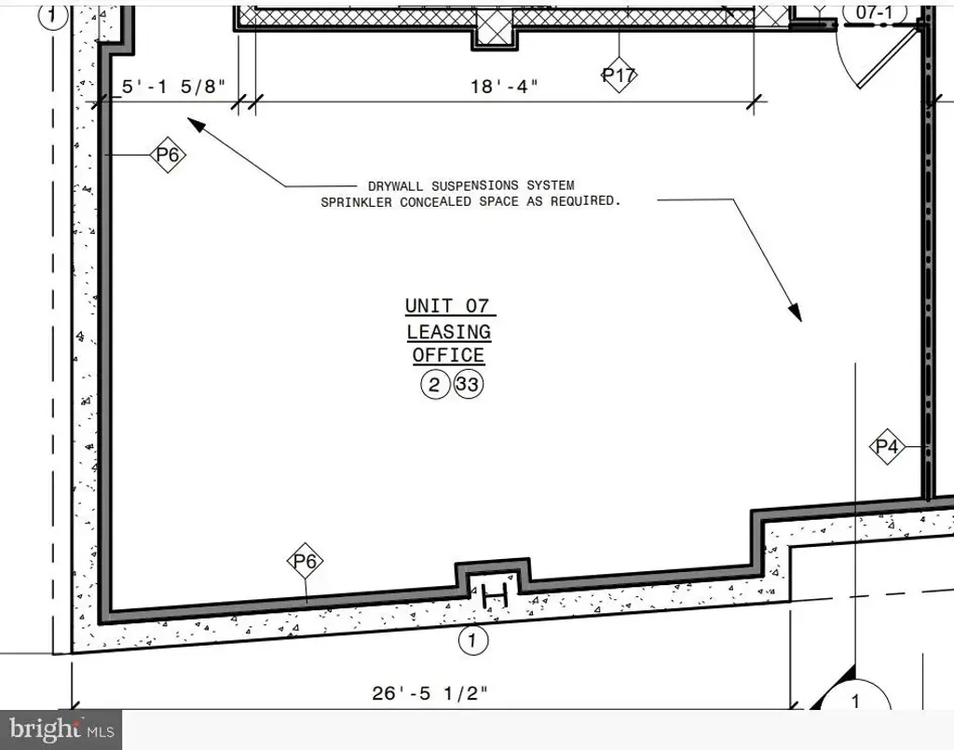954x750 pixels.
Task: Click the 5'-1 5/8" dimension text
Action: (x=173, y=87)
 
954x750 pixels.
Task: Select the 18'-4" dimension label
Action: (x=504, y=87)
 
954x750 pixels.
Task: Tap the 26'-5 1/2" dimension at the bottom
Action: (x=430, y=693)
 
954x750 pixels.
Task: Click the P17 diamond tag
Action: (x=619, y=75)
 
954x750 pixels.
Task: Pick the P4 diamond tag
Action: (x=887, y=447)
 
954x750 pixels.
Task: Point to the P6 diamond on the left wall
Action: (x=168, y=155)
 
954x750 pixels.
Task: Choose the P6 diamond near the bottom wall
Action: (x=305, y=561)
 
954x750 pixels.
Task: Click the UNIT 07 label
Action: (x=447, y=306)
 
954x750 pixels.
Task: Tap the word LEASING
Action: (x=449, y=332)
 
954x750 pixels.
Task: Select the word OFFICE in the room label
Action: (x=448, y=355)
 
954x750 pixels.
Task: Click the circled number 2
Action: (x=434, y=385)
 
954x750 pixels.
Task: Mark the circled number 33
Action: (x=469, y=385)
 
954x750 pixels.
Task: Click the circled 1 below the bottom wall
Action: (x=472, y=640)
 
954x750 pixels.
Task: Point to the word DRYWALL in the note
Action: (x=396, y=185)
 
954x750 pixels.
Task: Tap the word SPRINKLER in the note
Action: (x=357, y=202)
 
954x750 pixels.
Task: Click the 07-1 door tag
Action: (x=874, y=13)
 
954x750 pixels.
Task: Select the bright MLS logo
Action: (x=61, y=729)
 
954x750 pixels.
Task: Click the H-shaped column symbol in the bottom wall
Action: (x=494, y=595)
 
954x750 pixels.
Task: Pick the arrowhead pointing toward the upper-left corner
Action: (x=197, y=124)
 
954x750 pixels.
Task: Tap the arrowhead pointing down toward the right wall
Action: (x=795, y=311)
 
